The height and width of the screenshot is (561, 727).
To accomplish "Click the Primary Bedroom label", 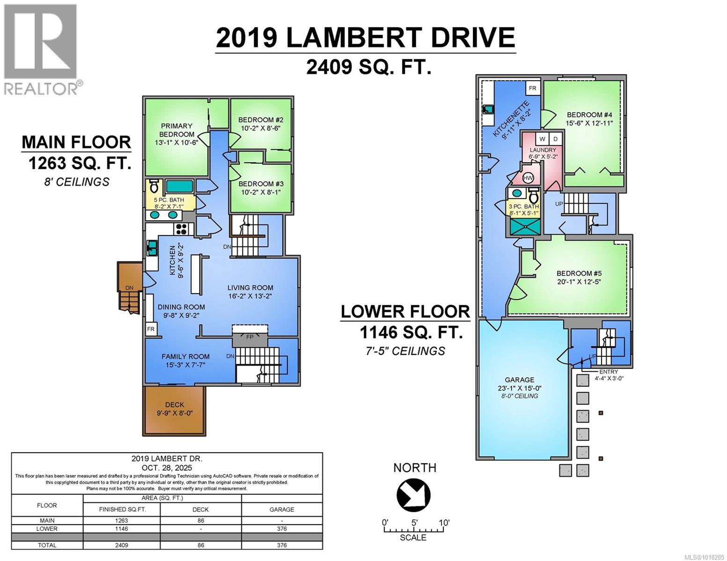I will point(176,130).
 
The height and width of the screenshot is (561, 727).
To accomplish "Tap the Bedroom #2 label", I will point(260,120).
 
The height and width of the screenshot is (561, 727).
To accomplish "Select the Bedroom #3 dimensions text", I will point(260,192).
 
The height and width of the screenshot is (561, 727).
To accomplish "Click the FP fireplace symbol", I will point(250,337).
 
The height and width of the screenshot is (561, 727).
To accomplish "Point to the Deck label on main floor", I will point(174,405).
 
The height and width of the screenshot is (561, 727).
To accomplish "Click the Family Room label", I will point(185,356).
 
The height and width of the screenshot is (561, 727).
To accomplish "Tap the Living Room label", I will point(250,288).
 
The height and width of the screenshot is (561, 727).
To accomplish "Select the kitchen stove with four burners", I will point(181,229).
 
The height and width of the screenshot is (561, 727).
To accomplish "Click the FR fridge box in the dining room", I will point(151,329).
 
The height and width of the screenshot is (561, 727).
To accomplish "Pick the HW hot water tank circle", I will point(528,178).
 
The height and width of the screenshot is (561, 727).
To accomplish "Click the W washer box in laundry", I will point(542,139).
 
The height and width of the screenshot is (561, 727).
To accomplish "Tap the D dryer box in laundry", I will point(555,139).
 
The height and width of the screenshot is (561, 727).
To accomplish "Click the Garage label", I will point(519,380).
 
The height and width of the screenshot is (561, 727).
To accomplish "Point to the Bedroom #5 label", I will point(579,273).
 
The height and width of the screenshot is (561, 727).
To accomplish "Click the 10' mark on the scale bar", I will point(443,523).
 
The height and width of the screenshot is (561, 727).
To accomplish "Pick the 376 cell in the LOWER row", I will point(281,529).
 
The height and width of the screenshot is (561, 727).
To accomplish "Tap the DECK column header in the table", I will point(200,510).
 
